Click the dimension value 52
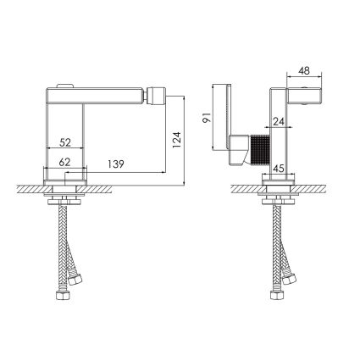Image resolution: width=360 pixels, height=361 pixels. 65,142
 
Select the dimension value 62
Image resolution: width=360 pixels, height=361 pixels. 64,162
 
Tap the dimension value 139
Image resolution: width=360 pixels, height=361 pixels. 116,164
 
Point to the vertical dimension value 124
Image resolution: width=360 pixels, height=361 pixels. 176,140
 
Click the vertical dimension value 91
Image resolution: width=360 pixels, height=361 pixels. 207,117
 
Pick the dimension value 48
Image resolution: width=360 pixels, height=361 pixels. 304,70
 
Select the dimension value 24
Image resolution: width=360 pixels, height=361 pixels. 279,121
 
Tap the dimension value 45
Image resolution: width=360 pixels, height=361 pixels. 279,169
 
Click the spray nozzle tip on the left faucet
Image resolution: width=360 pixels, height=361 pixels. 155,96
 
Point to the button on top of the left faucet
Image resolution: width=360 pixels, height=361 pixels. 65,86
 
